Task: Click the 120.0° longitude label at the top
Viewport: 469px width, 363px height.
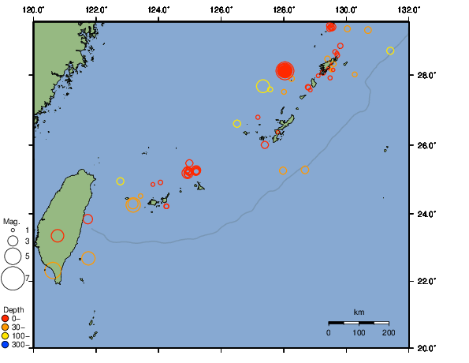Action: coord(33,9)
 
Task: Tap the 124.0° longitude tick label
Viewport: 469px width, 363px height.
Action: coord(158,9)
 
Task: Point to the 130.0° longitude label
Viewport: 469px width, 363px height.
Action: coord(346,9)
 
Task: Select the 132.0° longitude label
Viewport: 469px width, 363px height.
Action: coord(407,9)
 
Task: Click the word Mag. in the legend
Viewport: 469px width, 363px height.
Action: coord(11,222)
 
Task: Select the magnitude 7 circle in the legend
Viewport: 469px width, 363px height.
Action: coord(13,278)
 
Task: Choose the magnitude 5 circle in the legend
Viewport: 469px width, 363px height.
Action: coord(13,256)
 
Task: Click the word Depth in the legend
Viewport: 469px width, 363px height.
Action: coord(13,309)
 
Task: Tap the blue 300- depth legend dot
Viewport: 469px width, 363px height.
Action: coord(6,344)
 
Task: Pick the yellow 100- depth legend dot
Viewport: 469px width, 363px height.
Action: coord(6,335)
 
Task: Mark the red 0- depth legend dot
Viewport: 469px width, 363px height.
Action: coord(6,318)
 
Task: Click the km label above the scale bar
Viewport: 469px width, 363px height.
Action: coord(359,312)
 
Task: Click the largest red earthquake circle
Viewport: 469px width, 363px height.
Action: coord(285,70)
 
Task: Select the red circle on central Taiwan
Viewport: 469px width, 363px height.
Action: coord(58,235)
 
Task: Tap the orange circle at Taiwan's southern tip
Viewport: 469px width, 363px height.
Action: coord(53,271)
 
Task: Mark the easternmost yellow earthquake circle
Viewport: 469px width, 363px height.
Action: coord(390,51)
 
